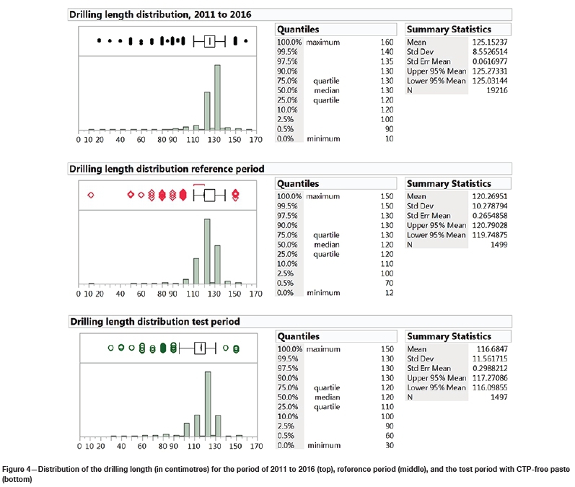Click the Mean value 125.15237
coord(493,43)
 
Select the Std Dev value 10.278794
coord(491,206)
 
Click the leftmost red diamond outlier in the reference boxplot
coord(91,195)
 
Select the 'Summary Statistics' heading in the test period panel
coord(449,336)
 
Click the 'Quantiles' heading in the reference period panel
coord(298,183)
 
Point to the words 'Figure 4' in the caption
coord(18,470)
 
